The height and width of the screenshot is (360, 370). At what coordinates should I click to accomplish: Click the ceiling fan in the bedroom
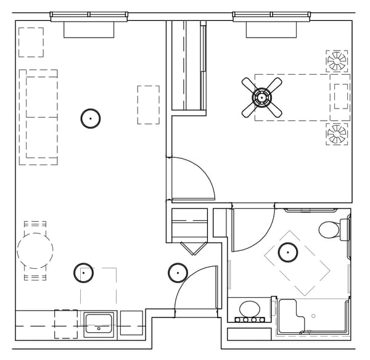point(262,97)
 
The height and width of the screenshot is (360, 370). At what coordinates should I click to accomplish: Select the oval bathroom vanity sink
point(249,308)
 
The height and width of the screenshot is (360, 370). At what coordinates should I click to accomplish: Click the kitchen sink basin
point(98,322)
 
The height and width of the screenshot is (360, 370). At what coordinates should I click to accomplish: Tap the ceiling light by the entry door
point(178,272)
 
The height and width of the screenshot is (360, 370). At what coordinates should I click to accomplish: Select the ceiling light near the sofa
point(91,118)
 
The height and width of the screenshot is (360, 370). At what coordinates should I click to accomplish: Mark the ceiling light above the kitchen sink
point(83,272)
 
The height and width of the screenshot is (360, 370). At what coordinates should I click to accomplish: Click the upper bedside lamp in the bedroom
point(337,60)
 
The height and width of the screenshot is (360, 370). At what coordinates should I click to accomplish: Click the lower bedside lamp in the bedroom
point(337,134)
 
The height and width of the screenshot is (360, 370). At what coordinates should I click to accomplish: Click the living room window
point(89,15)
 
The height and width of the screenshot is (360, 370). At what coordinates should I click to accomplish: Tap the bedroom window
point(271,15)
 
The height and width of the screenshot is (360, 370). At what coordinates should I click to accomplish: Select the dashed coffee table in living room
point(148,105)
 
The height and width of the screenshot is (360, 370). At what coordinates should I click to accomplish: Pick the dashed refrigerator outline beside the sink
point(65,324)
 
